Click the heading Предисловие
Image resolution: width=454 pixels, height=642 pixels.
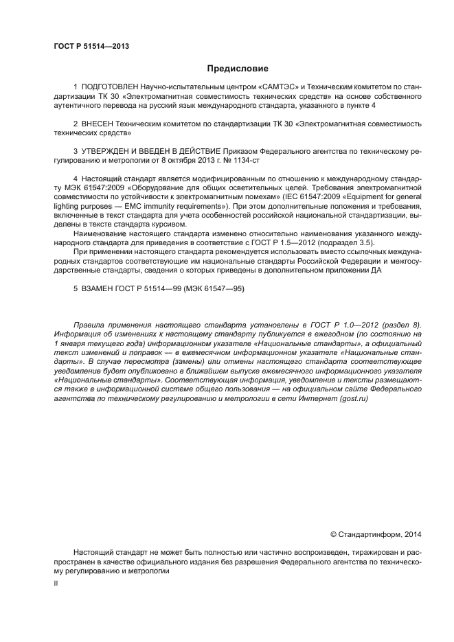pos(237,69)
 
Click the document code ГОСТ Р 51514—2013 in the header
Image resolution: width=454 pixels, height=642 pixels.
pos(91,47)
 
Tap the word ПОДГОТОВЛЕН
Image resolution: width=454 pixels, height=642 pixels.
pos(110,89)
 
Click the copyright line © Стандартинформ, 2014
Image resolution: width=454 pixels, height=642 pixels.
pos(376,533)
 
